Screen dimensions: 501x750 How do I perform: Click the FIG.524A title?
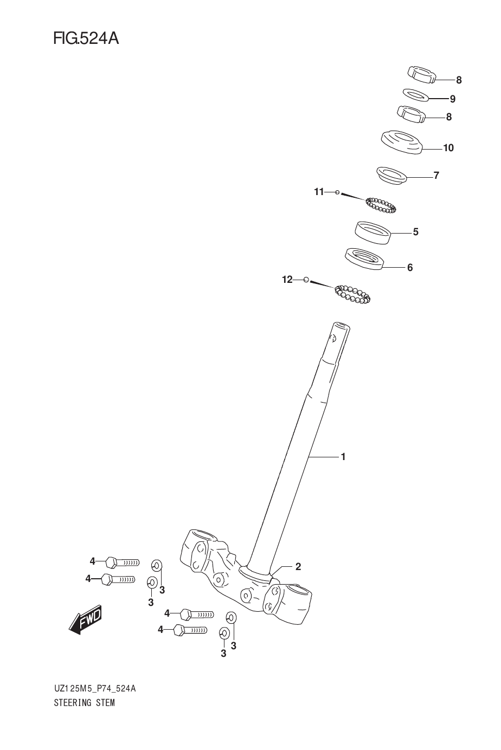tap(86, 39)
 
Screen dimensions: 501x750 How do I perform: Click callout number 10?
tap(448, 147)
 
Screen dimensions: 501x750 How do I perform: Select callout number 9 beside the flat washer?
tap(452, 99)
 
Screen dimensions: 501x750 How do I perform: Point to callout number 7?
tap(436, 175)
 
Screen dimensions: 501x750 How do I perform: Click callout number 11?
tap(319, 192)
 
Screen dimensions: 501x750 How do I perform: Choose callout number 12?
tap(287, 280)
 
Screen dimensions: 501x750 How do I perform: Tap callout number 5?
tap(415, 232)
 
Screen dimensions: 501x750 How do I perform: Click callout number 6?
tap(410, 268)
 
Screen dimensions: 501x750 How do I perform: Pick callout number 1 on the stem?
tap(343, 457)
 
